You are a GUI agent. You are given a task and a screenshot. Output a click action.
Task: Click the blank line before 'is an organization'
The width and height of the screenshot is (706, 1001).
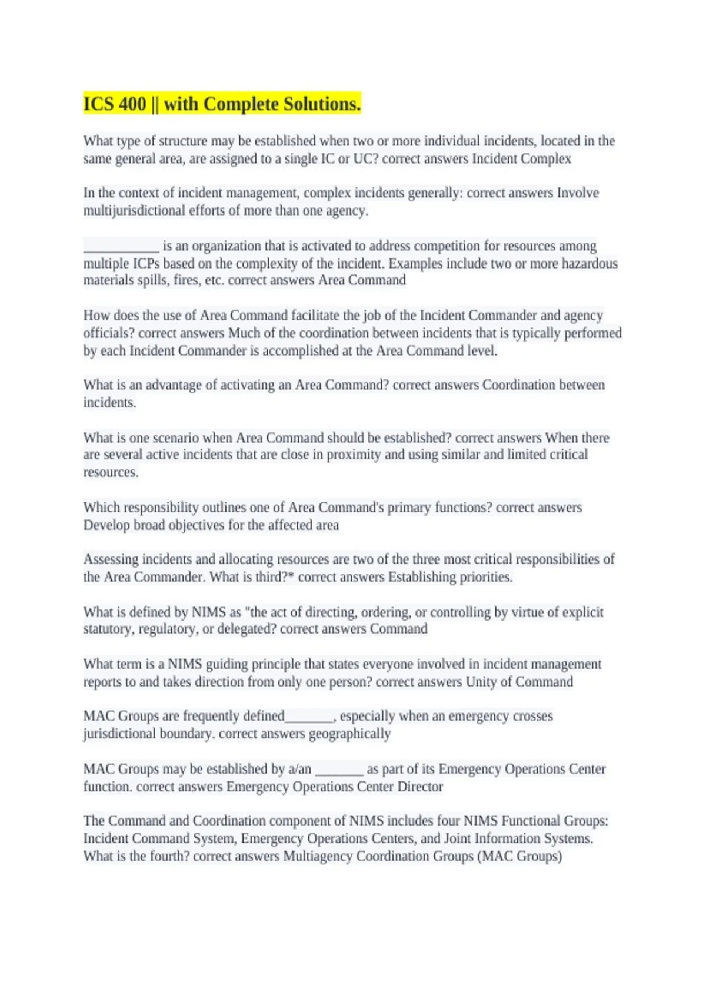tap(121, 246)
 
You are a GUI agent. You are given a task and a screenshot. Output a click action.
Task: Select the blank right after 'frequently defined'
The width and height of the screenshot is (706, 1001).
tap(309, 717)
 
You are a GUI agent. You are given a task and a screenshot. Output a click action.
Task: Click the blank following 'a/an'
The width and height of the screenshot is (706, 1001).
tap(339, 769)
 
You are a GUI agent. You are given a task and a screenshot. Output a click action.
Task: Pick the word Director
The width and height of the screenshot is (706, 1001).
tap(420, 787)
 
